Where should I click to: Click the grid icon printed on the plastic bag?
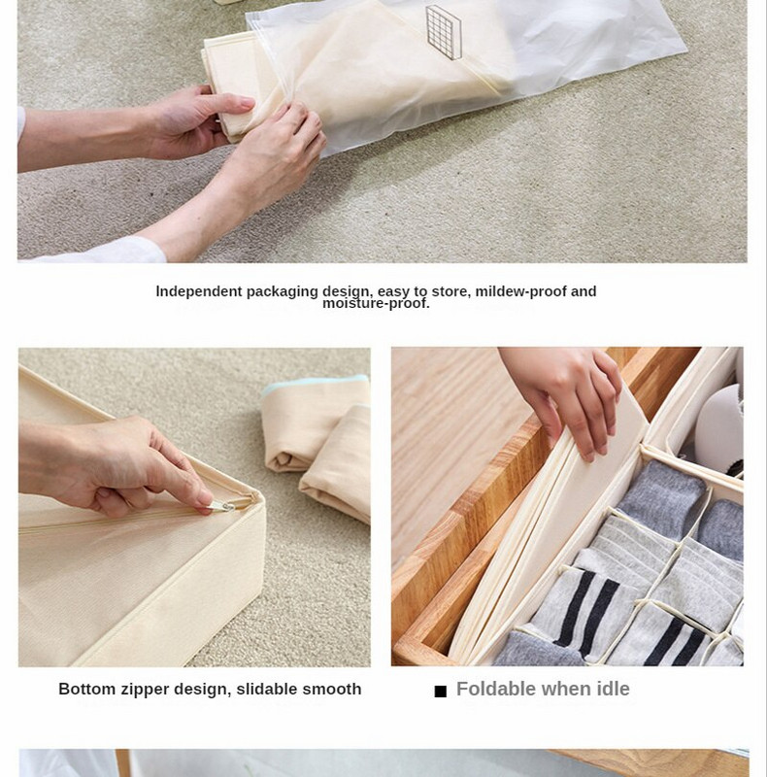coord(444,32)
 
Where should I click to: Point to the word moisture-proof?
coord(376,303)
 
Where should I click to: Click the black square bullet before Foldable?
coord(441,692)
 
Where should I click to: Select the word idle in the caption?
coord(613,689)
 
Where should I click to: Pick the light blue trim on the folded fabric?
coord(316,385)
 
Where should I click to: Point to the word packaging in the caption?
coord(282,292)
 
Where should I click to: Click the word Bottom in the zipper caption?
coord(86,689)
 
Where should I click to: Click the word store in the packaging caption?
coord(450,292)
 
